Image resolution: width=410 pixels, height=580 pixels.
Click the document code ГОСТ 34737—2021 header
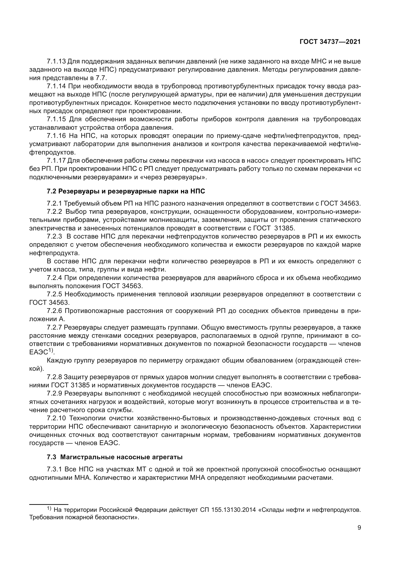click(x=330, y=42)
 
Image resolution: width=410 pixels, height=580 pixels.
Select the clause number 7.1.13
click(x=56, y=61)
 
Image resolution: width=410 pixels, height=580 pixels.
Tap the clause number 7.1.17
click(x=56, y=161)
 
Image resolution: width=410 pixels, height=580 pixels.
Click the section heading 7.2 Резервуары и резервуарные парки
click(x=126, y=191)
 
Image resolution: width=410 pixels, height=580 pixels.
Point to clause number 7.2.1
click(x=54, y=203)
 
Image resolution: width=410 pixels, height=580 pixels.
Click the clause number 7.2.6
click(x=54, y=311)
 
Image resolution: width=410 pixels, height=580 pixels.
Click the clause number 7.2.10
click(x=56, y=418)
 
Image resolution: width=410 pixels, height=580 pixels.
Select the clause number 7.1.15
click(x=56, y=119)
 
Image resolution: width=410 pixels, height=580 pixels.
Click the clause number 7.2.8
click(x=54, y=377)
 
